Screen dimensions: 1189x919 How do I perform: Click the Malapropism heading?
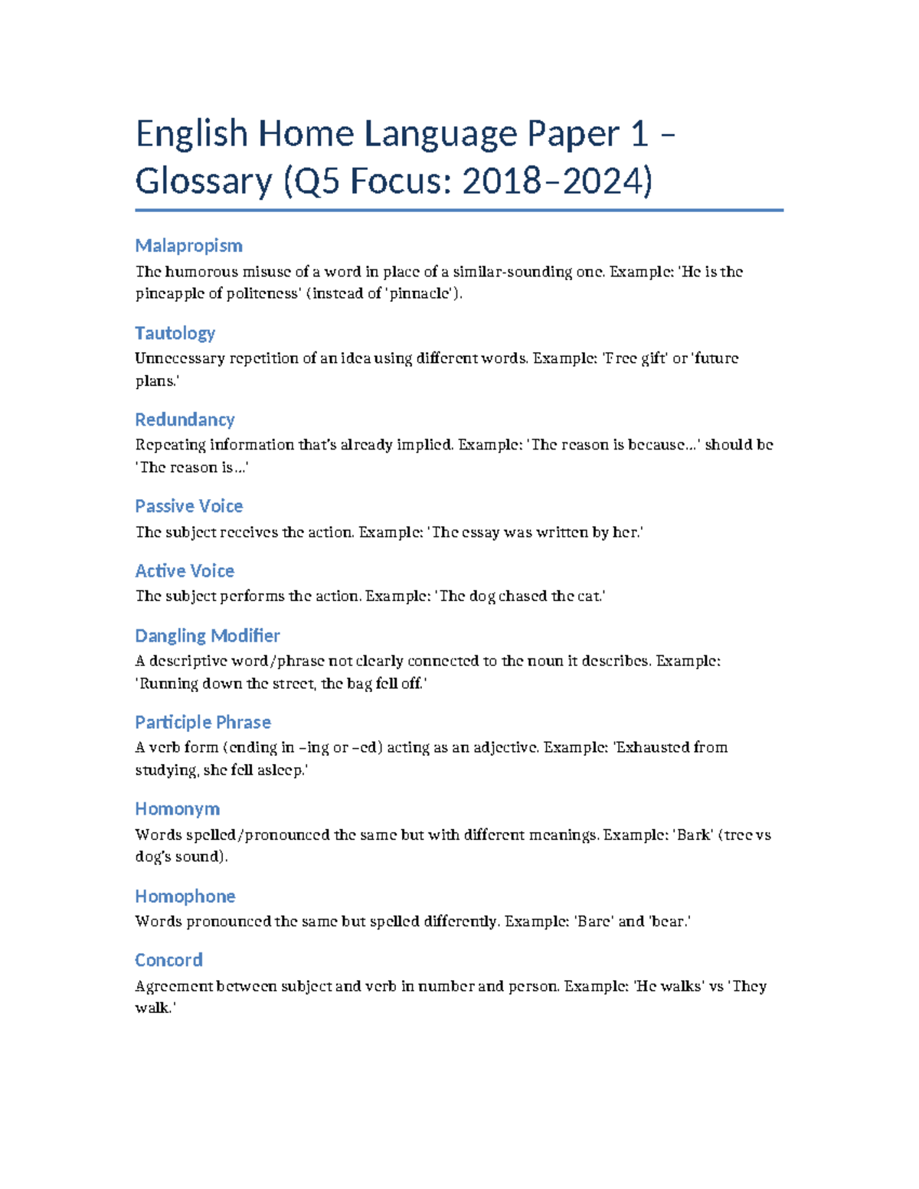pos(188,246)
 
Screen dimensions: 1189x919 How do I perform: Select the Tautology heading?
pos(175,333)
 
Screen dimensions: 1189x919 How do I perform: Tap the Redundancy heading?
pos(185,420)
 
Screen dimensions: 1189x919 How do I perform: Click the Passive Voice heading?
pos(188,506)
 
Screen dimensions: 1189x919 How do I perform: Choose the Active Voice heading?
pos(185,571)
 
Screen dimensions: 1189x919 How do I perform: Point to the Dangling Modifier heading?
pos(207,635)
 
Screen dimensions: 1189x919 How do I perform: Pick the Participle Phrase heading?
pos(203,722)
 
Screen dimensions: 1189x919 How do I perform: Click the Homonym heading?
pos(177,809)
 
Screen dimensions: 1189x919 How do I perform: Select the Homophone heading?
pos(185,897)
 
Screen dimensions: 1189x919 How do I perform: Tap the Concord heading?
pos(168,960)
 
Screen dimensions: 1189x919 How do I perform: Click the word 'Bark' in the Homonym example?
pos(694,835)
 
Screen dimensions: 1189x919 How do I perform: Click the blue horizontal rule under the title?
pos(459,210)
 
